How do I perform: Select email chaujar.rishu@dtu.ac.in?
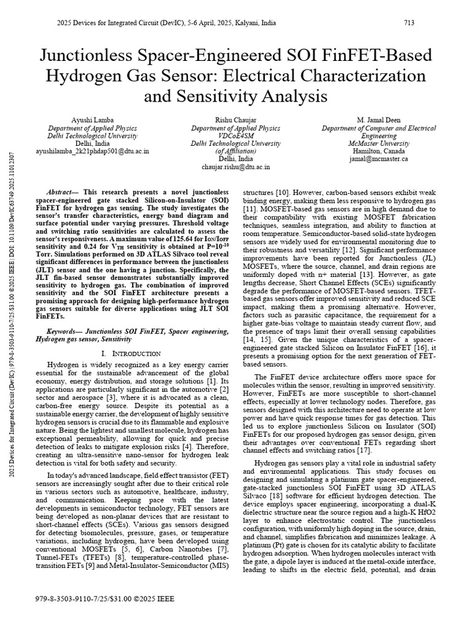click(235, 167)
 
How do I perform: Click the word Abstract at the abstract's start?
click(63, 193)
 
